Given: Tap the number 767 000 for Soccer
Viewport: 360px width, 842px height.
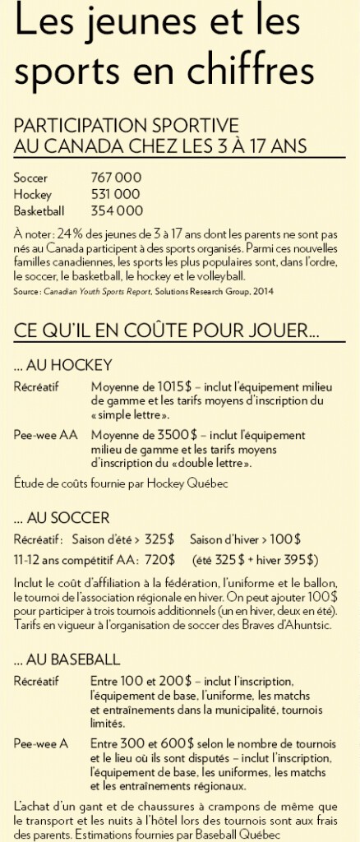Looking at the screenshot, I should [116, 178].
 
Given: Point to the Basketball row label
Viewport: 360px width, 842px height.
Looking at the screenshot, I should [39, 210].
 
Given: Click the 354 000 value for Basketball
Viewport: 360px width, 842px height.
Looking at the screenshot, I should [117, 210].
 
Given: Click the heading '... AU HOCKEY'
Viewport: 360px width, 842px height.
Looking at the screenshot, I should [63, 364].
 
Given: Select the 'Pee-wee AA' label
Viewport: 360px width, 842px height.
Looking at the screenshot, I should [45, 435].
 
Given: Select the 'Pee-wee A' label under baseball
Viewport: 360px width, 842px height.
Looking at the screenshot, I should [42, 743].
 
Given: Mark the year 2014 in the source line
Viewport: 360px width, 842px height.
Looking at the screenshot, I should [262, 290].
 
